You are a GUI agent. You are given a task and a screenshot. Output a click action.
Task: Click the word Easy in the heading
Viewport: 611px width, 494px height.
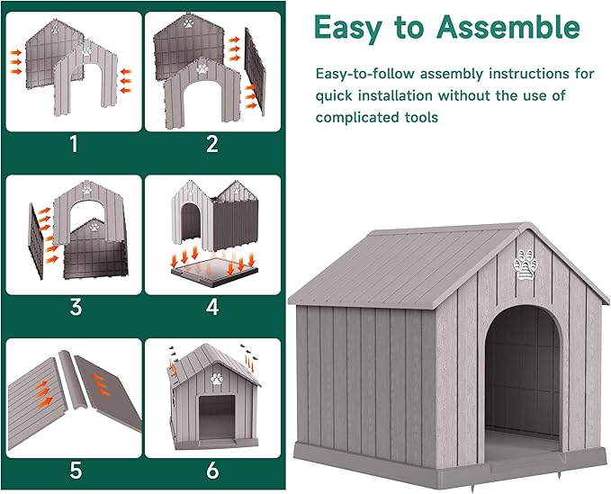pyautogui.click(x=346, y=28)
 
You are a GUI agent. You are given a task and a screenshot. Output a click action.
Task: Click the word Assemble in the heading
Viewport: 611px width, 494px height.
pyautogui.click(x=508, y=28)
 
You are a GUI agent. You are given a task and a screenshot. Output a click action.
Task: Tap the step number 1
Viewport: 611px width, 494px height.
pyautogui.click(x=75, y=143)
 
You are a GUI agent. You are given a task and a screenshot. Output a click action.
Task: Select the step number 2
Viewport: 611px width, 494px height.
pyautogui.click(x=212, y=143)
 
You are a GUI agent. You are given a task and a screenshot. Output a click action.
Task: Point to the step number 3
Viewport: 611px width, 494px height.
pyautogui.click(x=75, y=307)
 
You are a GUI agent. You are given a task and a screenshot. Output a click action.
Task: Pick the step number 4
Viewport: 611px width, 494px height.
pyautogui.click(x=212, y=307)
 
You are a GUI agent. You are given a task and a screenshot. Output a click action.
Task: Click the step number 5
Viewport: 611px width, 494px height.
pyautogui.click(x=75, y=470)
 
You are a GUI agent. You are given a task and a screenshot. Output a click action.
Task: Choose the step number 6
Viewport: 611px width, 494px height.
pyautogui.click(x=212, y=470)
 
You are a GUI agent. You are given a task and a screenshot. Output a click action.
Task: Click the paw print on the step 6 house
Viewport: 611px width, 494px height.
pyautogui.click(x=216, y=378)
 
